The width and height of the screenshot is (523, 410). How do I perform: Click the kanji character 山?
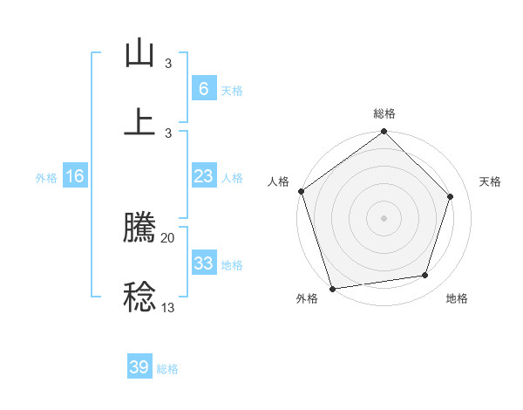(x=139, y=54)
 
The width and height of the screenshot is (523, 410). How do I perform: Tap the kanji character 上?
(x=139, y=121)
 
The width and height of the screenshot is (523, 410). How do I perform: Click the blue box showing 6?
(x=203, y=88)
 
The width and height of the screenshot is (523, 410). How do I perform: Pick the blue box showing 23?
(x=203, y=176)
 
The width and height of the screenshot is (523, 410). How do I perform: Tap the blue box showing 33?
(x=203, y=263)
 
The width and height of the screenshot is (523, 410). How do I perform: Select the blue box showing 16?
(x=75, y=176)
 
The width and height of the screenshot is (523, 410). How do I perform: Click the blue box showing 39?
(x=139, y=366)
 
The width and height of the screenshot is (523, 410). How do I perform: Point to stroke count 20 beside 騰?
(x=168, y=237)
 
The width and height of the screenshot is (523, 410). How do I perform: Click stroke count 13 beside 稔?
(x=168, y=306)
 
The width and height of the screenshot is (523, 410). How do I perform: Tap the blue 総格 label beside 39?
(x=167, y=369)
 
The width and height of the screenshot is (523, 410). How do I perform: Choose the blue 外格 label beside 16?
(x=46, y=178)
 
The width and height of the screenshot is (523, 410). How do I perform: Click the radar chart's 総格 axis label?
(x=384, y=113)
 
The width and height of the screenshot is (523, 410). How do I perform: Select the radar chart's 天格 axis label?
(x=491, y=181)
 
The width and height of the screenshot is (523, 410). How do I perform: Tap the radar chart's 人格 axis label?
(x=278, y=181)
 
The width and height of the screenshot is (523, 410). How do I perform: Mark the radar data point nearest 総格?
(x=384, y=133)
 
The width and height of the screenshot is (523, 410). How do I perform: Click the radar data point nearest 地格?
(x=425, y=276)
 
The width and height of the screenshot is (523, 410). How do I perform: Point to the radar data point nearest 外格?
(x=332, y=288)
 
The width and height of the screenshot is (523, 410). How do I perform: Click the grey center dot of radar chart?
(x=384, y=218)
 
